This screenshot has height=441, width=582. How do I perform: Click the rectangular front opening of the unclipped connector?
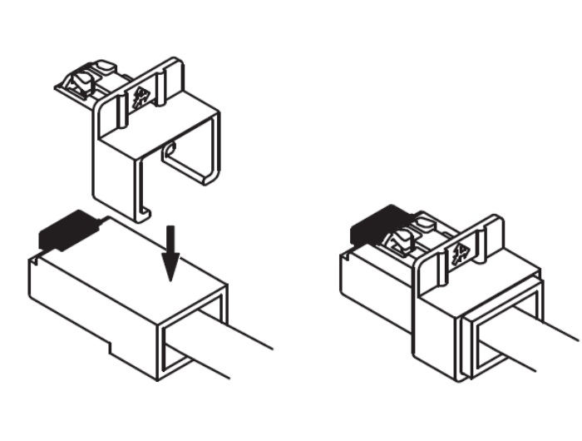[x=193, y=329]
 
